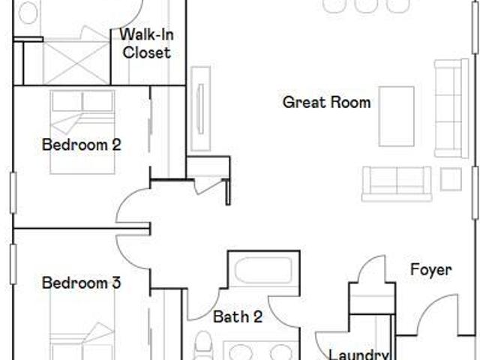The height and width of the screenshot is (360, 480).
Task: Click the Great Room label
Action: [x=327, y=102]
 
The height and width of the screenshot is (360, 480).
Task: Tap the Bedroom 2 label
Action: [x=82, y=145]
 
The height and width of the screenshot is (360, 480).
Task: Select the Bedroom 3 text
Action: [x=82, y=283]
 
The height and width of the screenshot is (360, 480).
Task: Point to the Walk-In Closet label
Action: [x=147, y=43]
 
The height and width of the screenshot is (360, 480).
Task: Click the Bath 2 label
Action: [x=238, y=316]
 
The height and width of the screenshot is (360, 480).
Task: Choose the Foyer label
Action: [x=431, y=270]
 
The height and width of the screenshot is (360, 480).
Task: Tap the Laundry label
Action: [x=358, y=355]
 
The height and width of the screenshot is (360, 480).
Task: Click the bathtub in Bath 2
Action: [x=264, y=270]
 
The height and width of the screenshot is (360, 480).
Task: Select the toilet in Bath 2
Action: [x=203, y=345]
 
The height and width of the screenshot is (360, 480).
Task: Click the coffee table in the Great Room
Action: [x=397, y=117]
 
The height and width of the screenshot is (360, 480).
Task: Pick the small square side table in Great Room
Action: [x=451, y=179]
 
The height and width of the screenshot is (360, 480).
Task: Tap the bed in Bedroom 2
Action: [x=82, y=132]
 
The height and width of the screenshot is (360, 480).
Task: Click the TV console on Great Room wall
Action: [x=200, y=109]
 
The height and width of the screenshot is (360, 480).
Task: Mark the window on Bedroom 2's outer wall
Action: [x=13, y=193]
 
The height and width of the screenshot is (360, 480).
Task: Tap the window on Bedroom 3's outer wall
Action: [x=13, y=264]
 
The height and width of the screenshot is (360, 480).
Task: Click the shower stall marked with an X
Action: [x=76, y=62]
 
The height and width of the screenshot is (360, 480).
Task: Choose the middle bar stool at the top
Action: [x=364, y=6]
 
